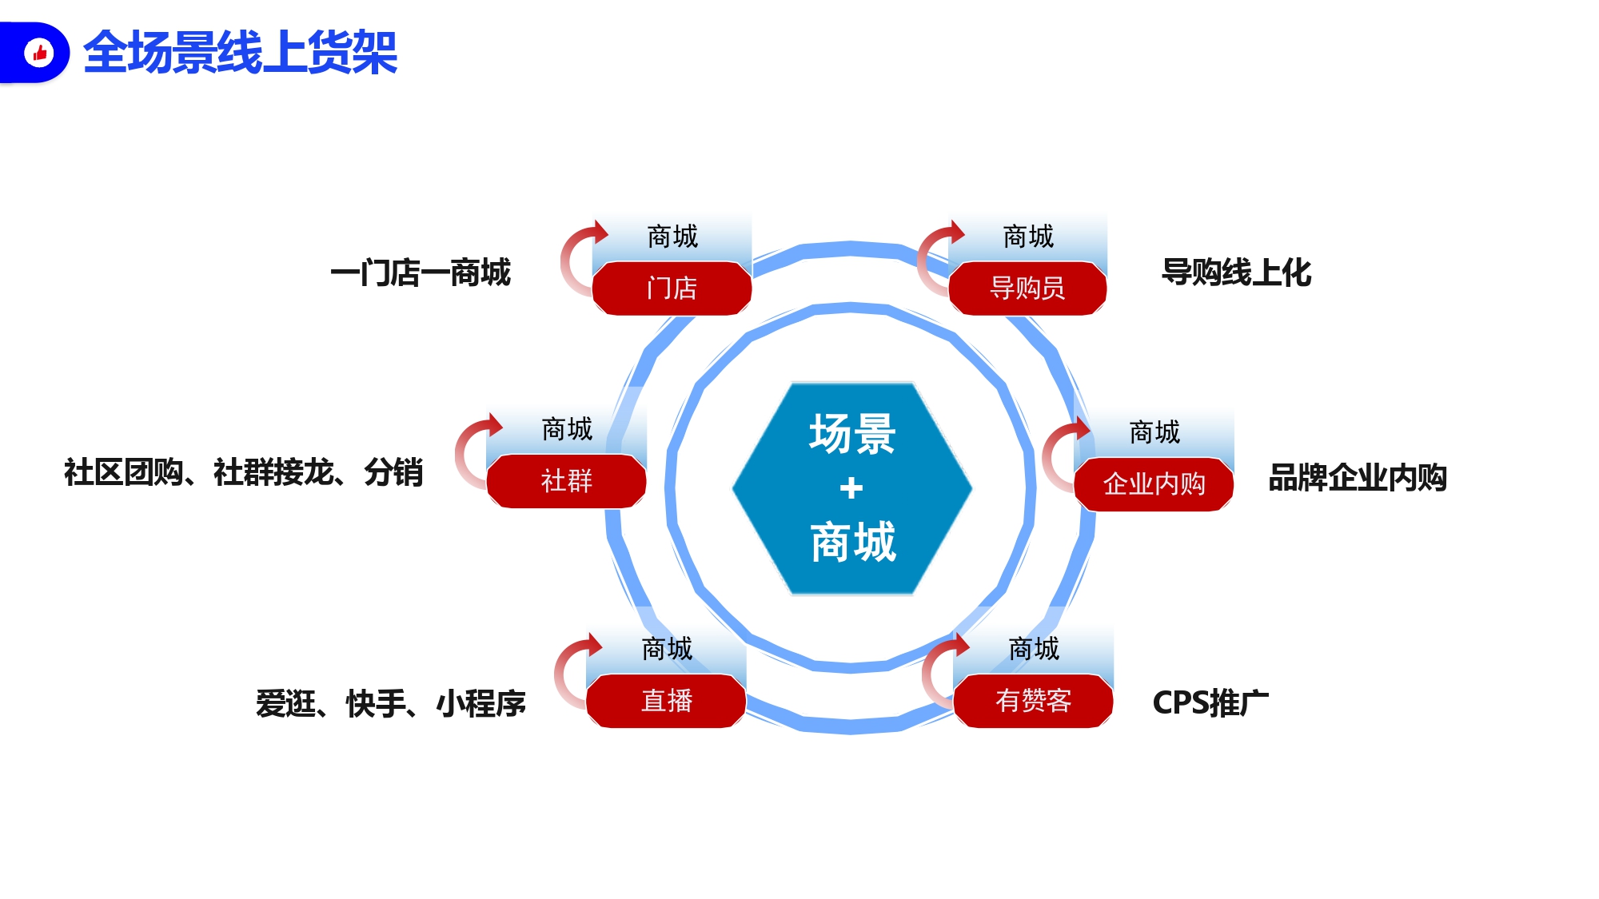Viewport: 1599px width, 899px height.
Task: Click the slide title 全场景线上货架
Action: [x=240, y=53]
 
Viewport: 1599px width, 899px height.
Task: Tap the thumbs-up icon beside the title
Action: [x=38, y=54]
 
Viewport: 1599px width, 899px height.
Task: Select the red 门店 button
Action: [x=672, y=288]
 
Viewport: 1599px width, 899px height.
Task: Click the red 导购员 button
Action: [x=1027, y=288]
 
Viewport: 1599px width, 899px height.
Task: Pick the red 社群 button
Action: [x=566, y=481]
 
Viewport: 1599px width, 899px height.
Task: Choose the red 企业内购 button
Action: [x=1154, y=483]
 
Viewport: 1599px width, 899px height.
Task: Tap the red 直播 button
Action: [x=666, y=701]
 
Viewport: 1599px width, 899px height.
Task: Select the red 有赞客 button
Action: [x=1033, y=701]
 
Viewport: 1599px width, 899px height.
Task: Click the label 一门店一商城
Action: [x=421, y=273]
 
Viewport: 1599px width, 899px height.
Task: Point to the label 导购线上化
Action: [x=1236, y=272]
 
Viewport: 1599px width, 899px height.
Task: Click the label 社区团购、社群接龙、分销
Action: [x=243, y=472]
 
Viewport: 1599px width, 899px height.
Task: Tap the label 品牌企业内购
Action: [x=1358, y=478]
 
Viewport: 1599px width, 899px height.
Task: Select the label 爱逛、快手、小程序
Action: [x=391, y=703]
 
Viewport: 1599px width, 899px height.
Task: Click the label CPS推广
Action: [x=1210, y=703]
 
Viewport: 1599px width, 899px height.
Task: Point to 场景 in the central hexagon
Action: [x=852, y=434]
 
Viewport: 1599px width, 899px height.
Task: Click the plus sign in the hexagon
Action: [x=851, y=487]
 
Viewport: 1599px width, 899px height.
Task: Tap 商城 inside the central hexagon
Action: [x=853, y=542]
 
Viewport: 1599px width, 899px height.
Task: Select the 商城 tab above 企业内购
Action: [x=1154, y=432]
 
